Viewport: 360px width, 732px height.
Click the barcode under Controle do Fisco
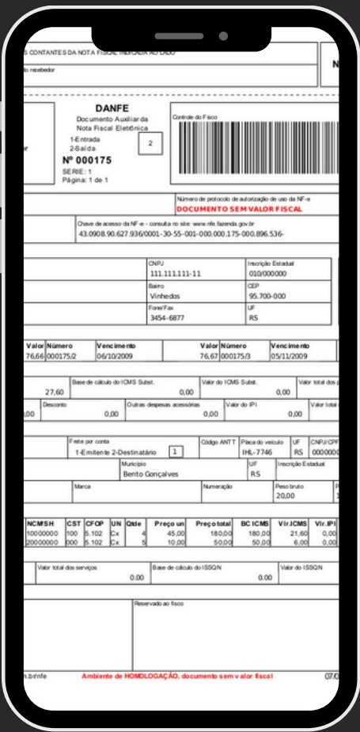click(x=255, y=150)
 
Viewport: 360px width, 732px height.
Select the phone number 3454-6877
click(x=165, y=317)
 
